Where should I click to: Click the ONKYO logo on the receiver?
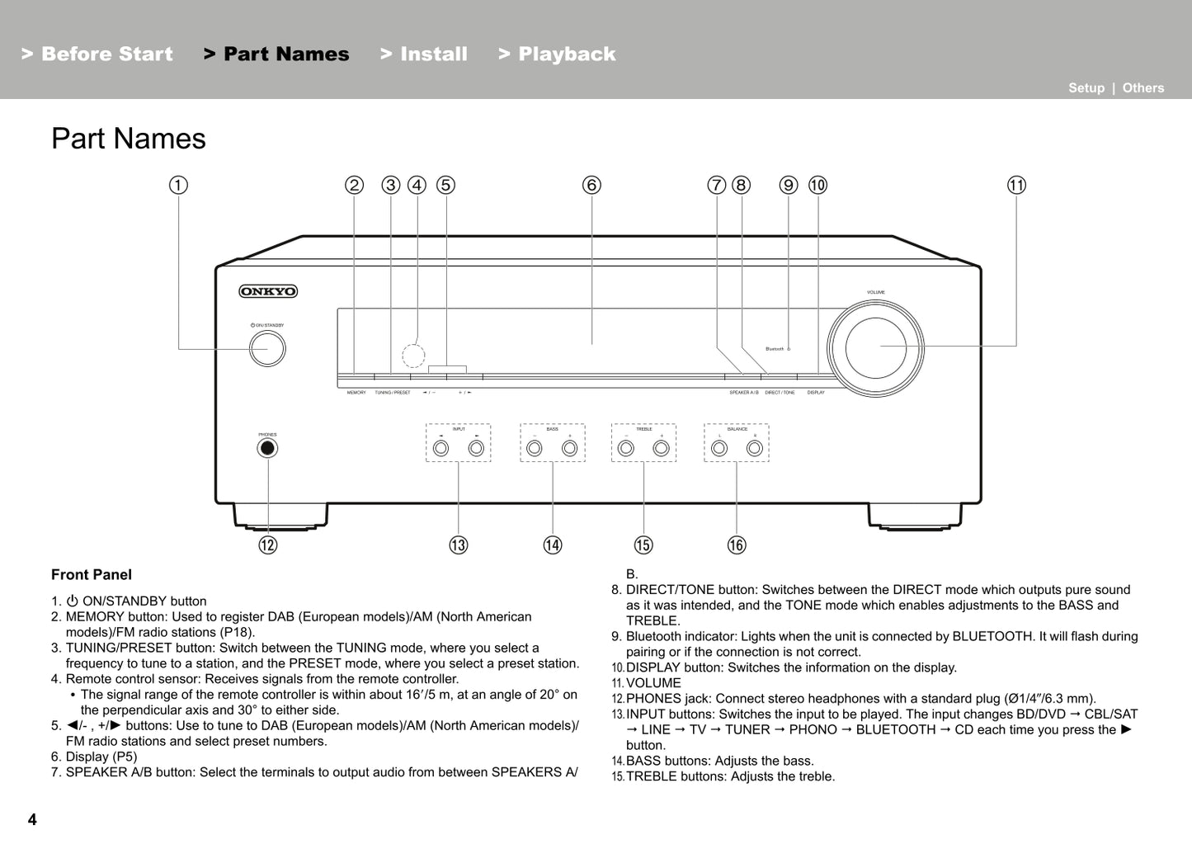[268, 291]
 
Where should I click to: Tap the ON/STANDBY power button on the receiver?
[267, 349]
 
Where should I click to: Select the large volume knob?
[876, 347]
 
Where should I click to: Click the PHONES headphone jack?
[267, 448]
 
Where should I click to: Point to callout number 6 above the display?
[591, 185]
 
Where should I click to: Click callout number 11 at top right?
[1016, 185]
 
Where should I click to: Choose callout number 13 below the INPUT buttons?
[459, 545]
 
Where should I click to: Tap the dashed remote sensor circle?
[413, 356]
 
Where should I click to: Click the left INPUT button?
[441, 448]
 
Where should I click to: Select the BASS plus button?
[570, 448]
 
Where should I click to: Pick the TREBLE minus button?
[626, 448]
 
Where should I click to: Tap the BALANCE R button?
[754, 448]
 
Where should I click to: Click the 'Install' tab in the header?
[424, 54]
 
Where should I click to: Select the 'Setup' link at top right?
[1086, 88]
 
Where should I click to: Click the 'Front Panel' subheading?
[92, 575]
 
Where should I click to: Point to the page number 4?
[32, 819]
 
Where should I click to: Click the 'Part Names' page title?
[129, 139]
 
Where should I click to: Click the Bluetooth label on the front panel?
[775, 349]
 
